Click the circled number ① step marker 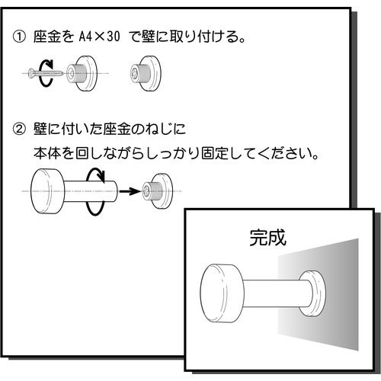(19, 37)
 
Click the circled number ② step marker (19, 129)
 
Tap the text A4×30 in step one (99, 37)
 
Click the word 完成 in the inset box (267, 238)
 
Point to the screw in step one (46, 73)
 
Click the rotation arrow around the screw (46, 73)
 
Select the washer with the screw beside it (82, 73)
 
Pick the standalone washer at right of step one (146, 73)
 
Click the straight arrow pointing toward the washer (130, 191)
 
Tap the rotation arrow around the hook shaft (95, 191)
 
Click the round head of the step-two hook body (47, 191)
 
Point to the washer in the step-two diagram (157, 191)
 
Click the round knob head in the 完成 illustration (223, 293)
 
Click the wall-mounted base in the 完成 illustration (312, 293)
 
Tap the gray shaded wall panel (318, 294)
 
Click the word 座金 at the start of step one (47, 37)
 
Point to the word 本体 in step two (47, 153)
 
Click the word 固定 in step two (215, 153)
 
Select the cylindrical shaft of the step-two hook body (91, 191)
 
